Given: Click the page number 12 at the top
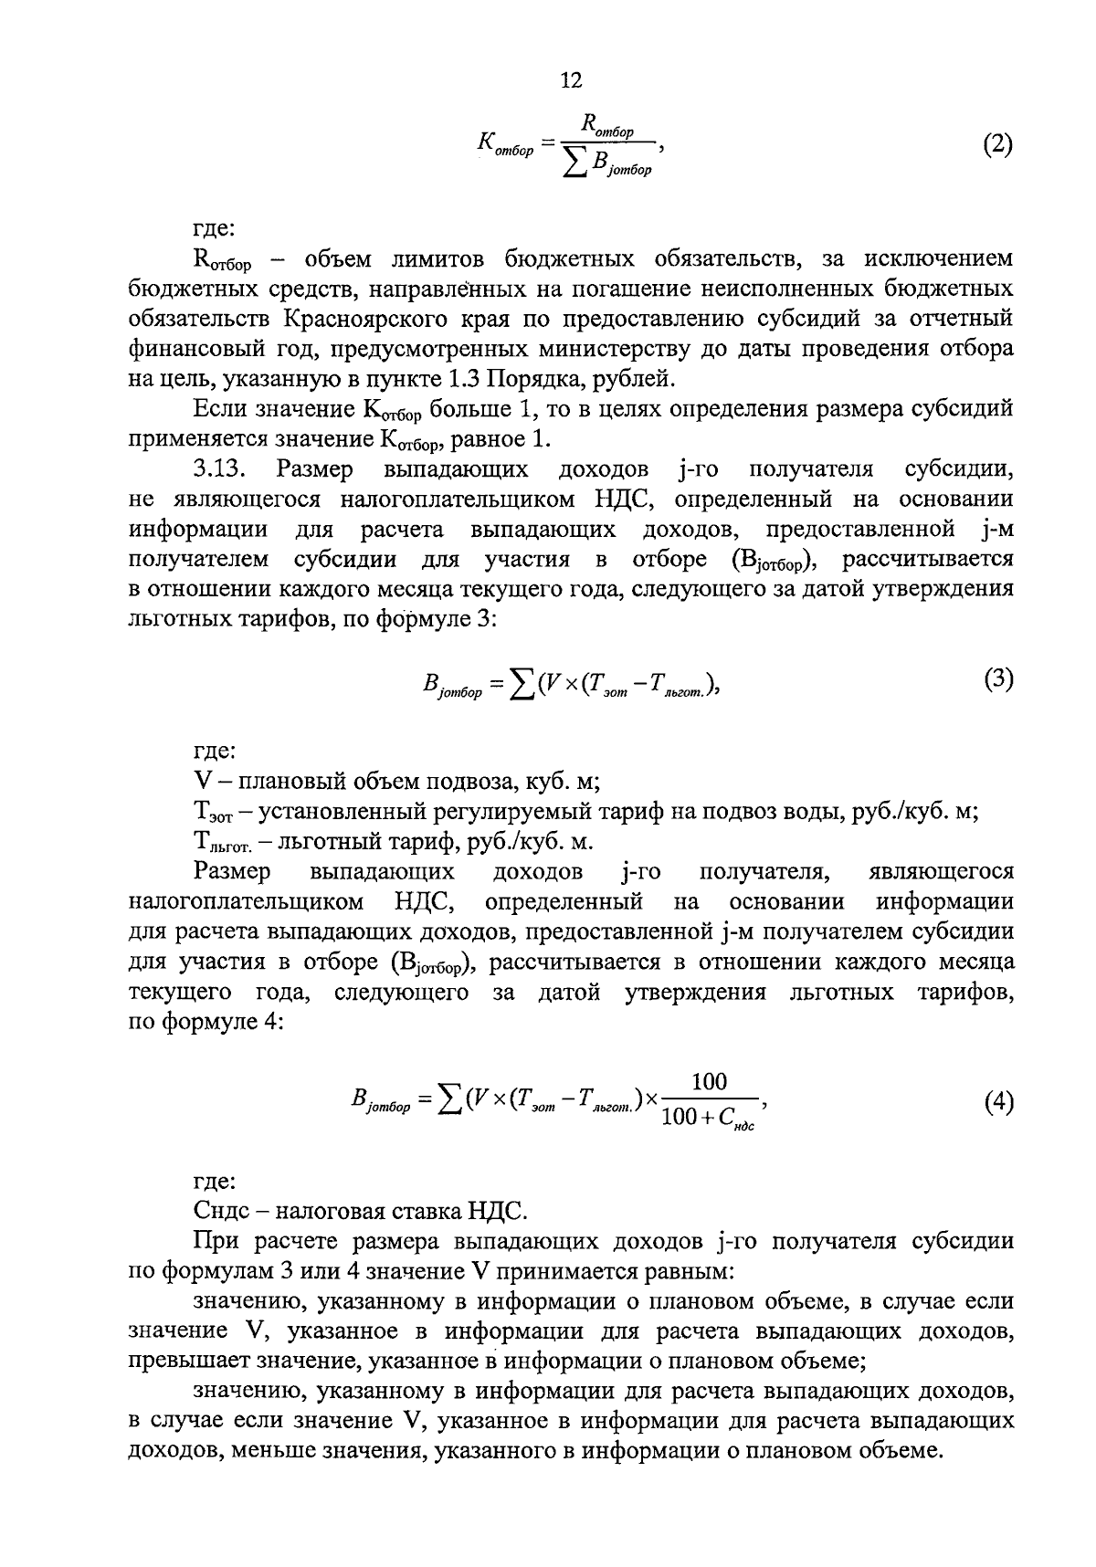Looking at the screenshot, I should [570, 81].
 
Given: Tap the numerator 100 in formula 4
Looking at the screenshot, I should [709, 1083].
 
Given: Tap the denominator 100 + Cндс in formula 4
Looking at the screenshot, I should [709, 1119].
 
